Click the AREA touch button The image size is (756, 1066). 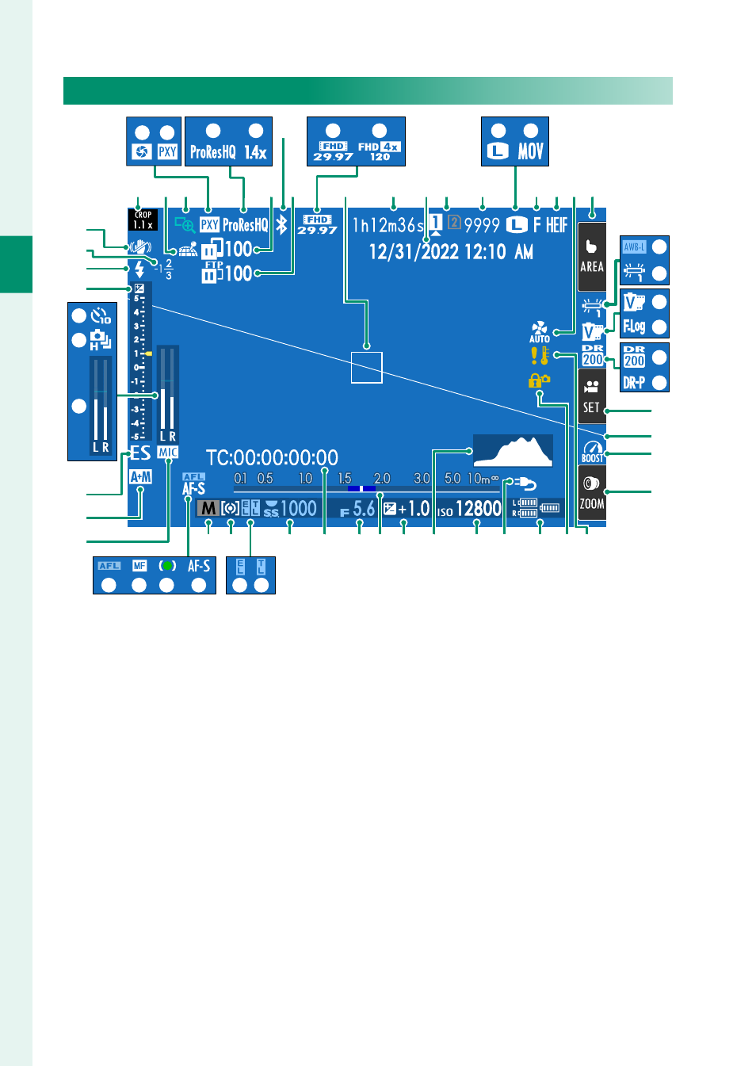coord(592,255)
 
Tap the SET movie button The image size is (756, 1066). coord(592,397)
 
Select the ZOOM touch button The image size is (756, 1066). coord(592,492)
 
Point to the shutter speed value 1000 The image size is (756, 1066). coord(298,509)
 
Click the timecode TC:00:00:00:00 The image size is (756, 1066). coord(272,457)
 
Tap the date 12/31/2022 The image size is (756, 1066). coord(414,252)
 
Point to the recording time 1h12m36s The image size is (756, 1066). coord(388,225)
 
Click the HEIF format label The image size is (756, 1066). coord(556,225)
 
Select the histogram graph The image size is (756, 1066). coord(513,450)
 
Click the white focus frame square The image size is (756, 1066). coord(367,368)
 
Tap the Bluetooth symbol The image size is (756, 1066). coord(281,224)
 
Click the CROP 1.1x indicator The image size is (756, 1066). coord(143,220)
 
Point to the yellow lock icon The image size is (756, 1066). coord(539,380)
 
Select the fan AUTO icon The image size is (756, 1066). coord(540,331)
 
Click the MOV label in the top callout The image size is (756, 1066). coord(531,151)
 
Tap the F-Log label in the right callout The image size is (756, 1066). coord(634,326)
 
